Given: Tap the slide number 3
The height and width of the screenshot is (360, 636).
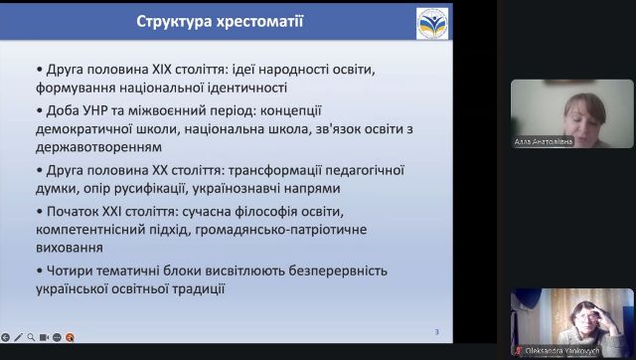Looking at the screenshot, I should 437,331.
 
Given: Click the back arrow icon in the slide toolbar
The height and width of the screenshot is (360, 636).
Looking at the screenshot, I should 6,337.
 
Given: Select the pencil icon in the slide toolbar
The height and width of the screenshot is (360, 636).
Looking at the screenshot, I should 19,337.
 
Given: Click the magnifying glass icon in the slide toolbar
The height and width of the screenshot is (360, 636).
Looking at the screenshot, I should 32,337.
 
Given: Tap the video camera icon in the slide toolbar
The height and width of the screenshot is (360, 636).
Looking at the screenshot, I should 45,337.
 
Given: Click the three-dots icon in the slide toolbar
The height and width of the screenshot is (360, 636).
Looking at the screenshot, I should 58,337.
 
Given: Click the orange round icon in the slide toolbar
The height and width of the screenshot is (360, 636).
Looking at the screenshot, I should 71,337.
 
